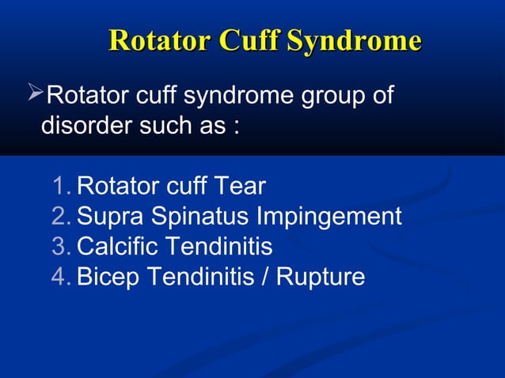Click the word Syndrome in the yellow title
coord(352,40)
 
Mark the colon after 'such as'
coord(235,128)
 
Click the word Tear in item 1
coord(241,187)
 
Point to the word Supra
coord(109,217)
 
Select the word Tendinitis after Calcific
coord(220,247)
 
